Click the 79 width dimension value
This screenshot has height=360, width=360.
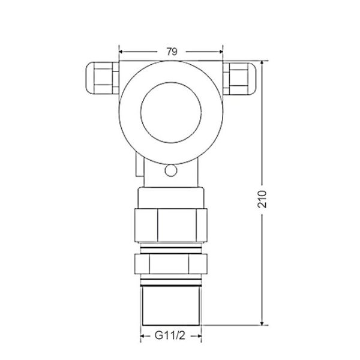coord(171,50)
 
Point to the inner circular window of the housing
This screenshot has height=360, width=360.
coord(171,112)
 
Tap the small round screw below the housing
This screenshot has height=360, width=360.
coord(171,171)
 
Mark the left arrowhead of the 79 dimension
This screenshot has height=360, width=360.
coord(122,51)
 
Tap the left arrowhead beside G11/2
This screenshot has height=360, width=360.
coord(144,337)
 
